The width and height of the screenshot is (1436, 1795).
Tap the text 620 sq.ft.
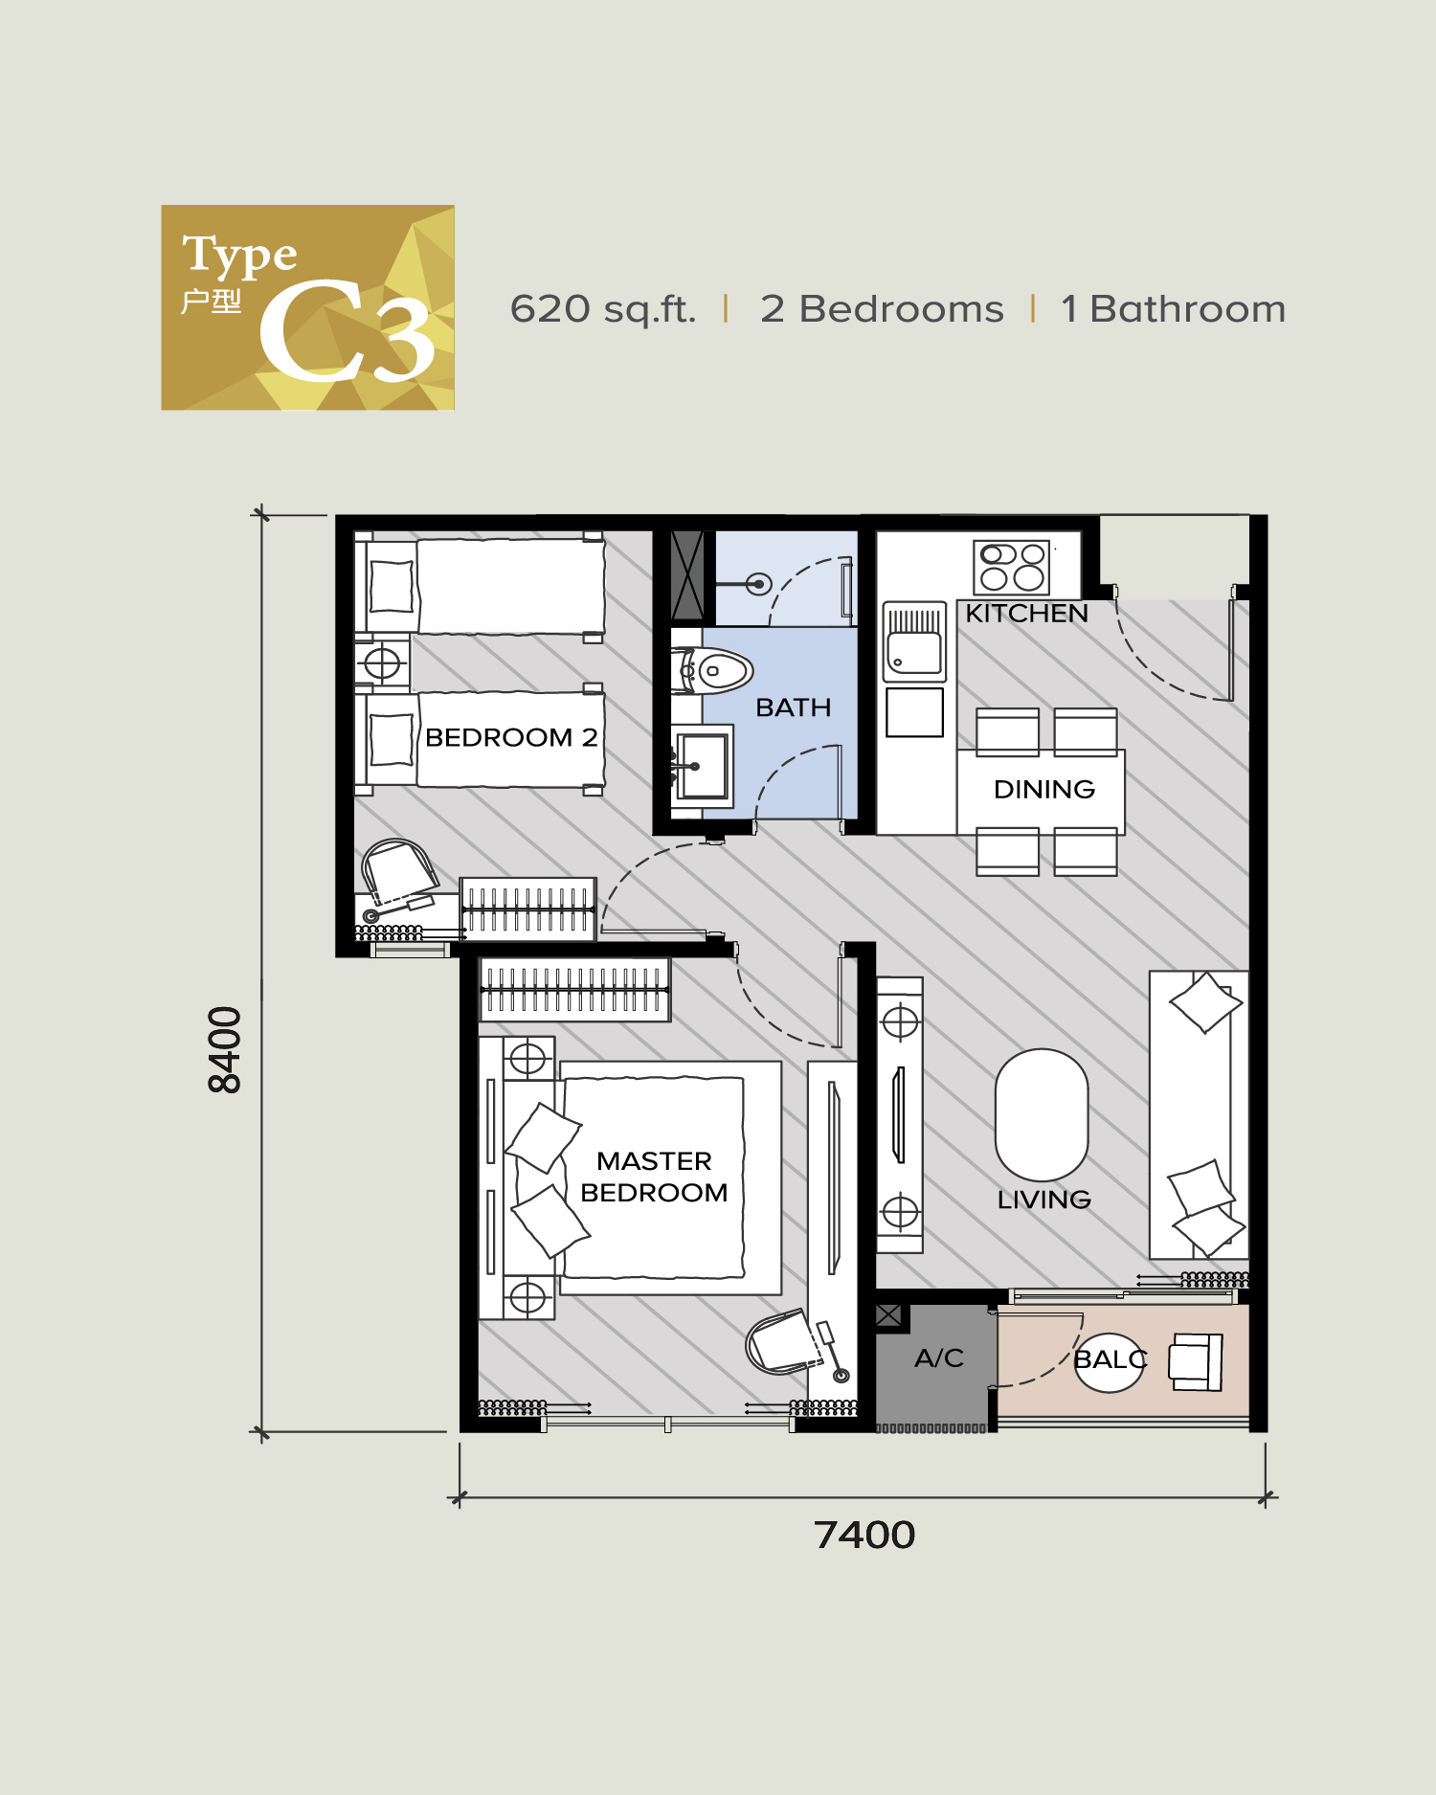point(602,309)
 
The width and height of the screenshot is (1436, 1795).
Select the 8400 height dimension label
point(225,1049)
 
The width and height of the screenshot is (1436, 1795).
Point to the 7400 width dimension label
point(864,1535)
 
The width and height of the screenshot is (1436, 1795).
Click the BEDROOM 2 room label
point(511,737)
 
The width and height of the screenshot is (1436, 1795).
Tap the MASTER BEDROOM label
point(654,1177)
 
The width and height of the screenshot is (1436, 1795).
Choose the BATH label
point(793,707)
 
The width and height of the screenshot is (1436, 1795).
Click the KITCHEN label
point(1026,614)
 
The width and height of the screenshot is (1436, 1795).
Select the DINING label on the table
point(1043,789)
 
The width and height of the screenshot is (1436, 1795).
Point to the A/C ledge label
point(938,1357)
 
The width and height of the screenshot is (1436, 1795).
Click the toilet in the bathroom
point(718,670)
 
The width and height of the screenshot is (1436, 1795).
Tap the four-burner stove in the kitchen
point(1012,567)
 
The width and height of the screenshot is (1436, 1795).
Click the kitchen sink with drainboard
point(914,641)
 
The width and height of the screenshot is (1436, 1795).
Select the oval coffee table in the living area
point(1042,1114)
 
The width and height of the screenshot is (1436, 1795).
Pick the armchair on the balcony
point(1195,1361)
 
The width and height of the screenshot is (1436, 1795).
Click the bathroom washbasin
point(703,766)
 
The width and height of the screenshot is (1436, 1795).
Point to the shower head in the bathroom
point(758,583)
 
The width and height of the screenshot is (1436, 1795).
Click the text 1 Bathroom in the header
point(1173,309)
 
